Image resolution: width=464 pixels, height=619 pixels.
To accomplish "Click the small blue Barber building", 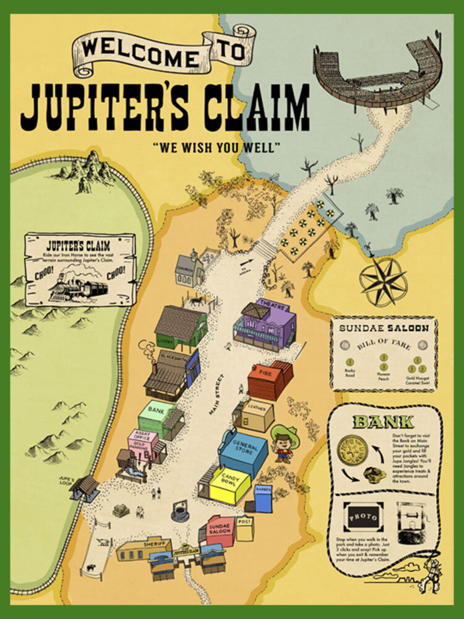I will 264,498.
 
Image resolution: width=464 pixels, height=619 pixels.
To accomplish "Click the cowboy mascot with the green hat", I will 284,443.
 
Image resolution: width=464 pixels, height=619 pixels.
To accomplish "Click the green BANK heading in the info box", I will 383,423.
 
